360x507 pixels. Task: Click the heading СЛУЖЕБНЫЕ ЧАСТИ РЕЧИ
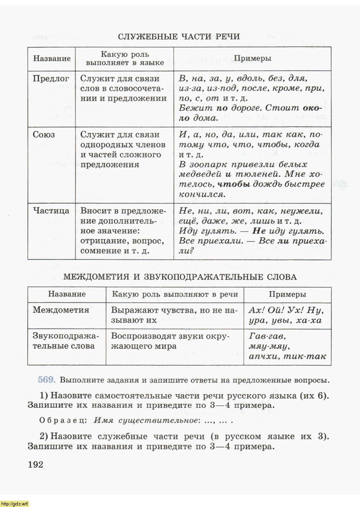coord(179,37)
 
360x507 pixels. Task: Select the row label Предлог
coord(51,78)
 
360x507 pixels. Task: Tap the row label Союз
coord(44,135)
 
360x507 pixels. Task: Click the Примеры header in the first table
coord(252,58)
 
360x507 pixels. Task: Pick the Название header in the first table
coord(52,58)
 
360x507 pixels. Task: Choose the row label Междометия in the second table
coord(61,310)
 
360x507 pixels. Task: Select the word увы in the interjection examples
coord(281,321)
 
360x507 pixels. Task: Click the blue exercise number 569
coord(46,380)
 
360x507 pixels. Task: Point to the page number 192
coord(35,464)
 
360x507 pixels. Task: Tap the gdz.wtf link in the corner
coord(15,503)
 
